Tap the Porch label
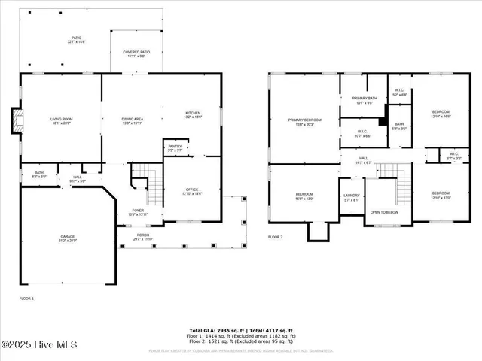pos(142,236)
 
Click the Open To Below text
pos(384,212)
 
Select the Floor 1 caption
pos(26,299)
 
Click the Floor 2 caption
pos(276,237)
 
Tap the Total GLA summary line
pos(241,329)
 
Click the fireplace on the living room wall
pos(16,121)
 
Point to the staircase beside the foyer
pos(154,188)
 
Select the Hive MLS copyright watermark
pos(35,345)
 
